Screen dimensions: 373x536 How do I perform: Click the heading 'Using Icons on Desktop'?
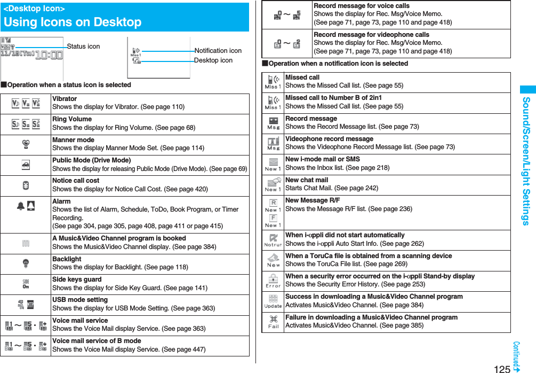(x=73, y=22)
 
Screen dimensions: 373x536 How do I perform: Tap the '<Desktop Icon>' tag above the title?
(x=34, y=9)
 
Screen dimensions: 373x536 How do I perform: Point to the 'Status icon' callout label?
(x=83, y=46)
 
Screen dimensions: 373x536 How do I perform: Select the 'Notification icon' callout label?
(x=218, y=51)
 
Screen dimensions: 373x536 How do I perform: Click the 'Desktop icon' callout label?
(x=213, y=60)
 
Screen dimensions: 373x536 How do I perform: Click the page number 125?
(x=502, y=368)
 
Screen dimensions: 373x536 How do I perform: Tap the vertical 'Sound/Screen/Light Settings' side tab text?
(x=526, y=161)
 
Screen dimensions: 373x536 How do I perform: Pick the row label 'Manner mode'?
(x=73, y=140)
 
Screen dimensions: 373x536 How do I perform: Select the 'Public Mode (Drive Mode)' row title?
(x=91, y=160)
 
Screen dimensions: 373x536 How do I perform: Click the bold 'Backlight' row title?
(x=67, y=259)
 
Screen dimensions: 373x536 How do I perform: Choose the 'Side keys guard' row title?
(x=77, y=279)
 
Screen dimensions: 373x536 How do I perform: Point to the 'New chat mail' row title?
(x=307, y=180)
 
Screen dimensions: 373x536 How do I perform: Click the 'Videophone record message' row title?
(x=329, y=139)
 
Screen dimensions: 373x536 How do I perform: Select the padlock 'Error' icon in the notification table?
(x=273, y=281)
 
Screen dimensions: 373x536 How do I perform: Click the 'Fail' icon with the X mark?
(x=273, y=322)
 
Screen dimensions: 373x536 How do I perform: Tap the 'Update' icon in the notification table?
(x=273, y=301)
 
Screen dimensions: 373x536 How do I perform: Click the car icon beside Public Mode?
(x=26, y=165)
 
